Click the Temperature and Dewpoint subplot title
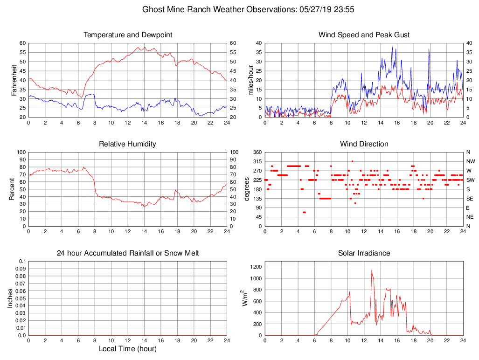[x=127, y=35]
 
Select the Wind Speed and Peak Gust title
[x=364, y=35]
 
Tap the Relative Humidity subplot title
[x=127, y=144]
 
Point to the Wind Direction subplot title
[x=364, y=144]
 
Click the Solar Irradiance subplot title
[x=364, y=253]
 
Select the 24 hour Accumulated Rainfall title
[x=127, y=253]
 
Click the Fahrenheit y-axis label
[x=14, y=80]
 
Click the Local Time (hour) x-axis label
[x=127, y=349]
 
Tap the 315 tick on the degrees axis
[x=257, y=161]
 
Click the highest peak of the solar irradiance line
[x=372, y=270]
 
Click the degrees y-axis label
[x=247, y=189]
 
